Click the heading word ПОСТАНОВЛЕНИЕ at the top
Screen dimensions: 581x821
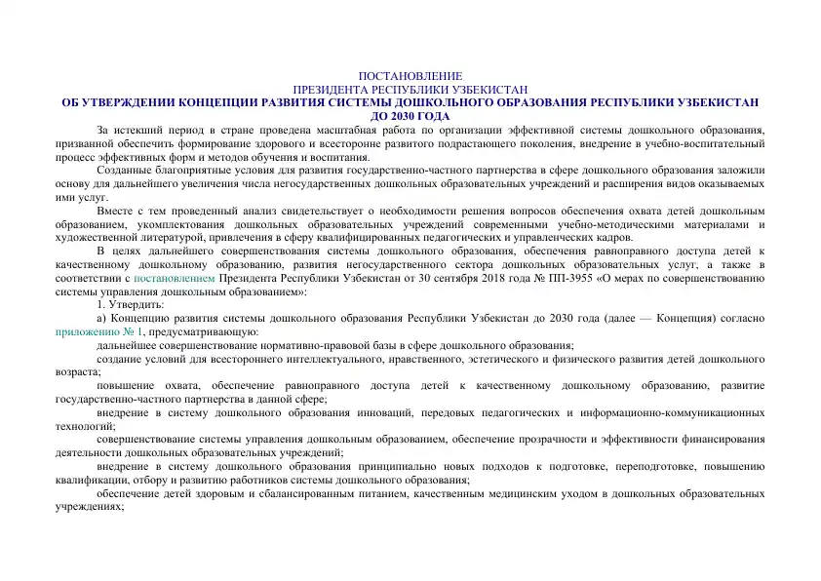[x=410, y=76]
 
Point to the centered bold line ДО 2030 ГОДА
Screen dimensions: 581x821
[x=410, y=115]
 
